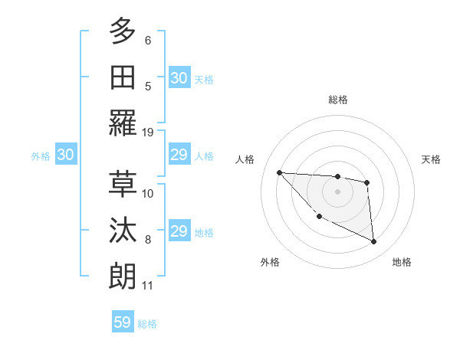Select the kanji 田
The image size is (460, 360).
pos(123,77)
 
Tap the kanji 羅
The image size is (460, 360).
pos(123,123)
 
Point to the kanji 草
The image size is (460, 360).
pos(123,184)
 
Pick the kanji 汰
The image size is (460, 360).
pos(123,231)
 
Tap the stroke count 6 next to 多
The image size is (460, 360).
pos(148,40)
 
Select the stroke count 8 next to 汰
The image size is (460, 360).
pos(148,240)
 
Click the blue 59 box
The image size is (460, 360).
pos(123,322)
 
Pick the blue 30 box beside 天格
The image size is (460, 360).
pos(179,78)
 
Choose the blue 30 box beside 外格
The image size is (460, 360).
pos(65,155)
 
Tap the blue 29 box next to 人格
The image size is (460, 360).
pos(179,155)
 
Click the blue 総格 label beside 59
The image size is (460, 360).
pos(147,324)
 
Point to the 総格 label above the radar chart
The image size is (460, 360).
pos(337,100)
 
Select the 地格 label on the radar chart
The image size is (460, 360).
pos(402,262)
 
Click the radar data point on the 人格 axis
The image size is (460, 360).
pos(279,172)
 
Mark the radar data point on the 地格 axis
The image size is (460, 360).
pos(374,242)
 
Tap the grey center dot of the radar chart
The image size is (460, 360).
pos(337,191)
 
